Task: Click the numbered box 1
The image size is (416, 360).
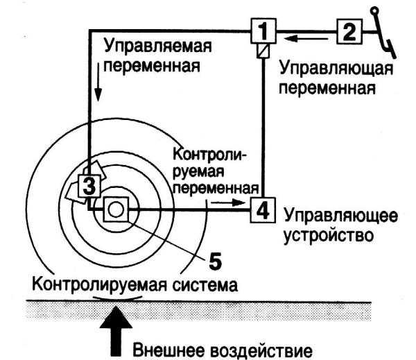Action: [261, 31]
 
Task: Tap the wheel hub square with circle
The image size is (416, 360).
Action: [115, 207]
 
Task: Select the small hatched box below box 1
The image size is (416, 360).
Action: [261, 52]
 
